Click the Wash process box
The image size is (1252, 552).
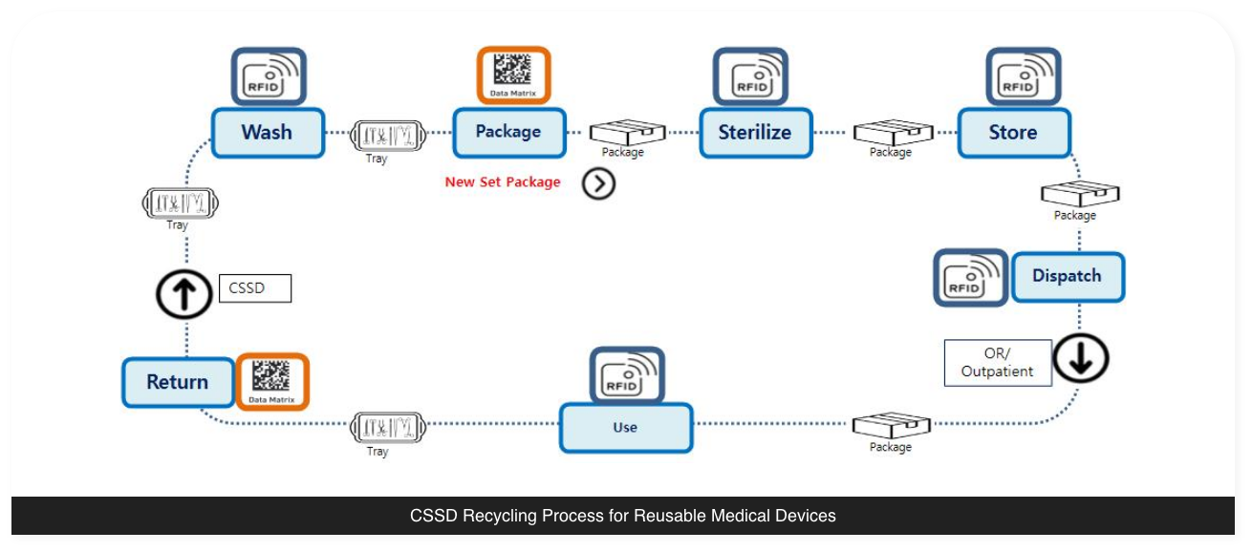pos(268,133)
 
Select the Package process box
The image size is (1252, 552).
pos(508,133)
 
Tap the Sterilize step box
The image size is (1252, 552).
pos(755,133)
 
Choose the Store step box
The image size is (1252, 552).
pos(1013,133)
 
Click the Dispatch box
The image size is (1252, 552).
pos(1067,277)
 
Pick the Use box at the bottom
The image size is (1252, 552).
pos(625,427)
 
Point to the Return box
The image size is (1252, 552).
pos(178,382)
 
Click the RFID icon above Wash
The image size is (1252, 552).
pos(269,76)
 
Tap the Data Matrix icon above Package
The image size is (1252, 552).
pos(514,74)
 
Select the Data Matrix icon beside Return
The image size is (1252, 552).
pos(272,382)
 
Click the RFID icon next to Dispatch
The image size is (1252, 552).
pos(970,277)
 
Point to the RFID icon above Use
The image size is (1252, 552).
pos(626,375)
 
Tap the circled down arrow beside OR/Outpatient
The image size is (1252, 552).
pos(1081,360)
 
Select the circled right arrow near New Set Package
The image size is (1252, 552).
pos(598,183)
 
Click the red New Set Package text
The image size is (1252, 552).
pos(503,181)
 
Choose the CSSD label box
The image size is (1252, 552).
pos(254,288)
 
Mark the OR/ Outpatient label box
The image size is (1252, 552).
pos(998,363)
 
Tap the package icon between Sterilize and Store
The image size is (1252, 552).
pos(892,133)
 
